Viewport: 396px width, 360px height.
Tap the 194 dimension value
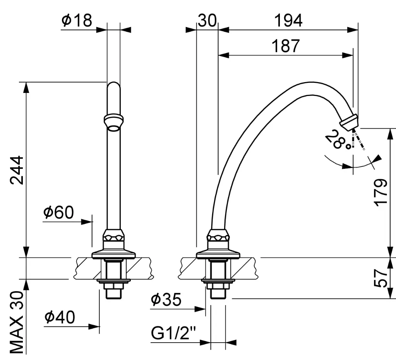(288, 21)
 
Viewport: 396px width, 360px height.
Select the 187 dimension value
(286, 46)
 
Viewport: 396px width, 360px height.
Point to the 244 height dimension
(17, 170)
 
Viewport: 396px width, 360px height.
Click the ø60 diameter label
(58, 212)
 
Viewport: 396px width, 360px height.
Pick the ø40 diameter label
(60, 317)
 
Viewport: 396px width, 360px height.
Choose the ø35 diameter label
(166, 300)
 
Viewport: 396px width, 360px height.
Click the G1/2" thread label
(173, 333)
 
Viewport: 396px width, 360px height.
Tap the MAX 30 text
(17, 322)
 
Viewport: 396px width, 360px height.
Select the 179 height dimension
(381, 193)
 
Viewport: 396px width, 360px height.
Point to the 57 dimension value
(381, 278)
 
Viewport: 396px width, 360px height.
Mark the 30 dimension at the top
(207, 21)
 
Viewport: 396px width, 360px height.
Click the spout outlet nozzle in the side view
(349, 122)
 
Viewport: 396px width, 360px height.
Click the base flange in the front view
(113, 254)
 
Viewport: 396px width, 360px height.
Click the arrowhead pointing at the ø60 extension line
(86, 222)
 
